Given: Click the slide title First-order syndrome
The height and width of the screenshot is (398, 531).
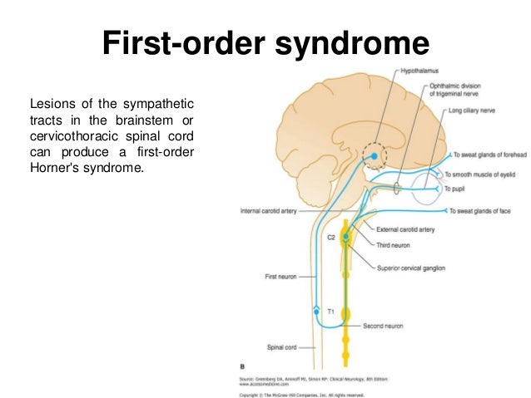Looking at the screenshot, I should pyautogui.click(x=265, y=42).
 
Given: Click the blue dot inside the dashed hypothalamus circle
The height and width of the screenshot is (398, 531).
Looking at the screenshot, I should pyautogui.click(x=375, y=155).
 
